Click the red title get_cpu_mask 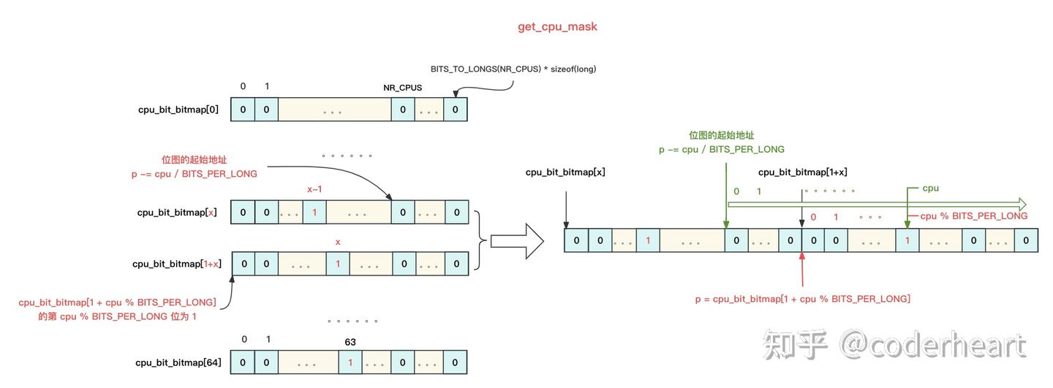coord(557,26)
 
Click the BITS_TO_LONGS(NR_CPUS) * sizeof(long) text coord(513,69)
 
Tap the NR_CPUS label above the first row coord(402,88)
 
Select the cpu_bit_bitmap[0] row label coord(178,110)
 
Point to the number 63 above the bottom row coord(350,341)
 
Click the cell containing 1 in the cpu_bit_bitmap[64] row coord(350,362)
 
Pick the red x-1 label coord(314,189)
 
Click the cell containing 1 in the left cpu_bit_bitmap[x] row coord(314,213)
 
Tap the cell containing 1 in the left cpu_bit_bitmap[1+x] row coord(337,264)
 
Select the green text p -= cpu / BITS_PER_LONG coord(721,149)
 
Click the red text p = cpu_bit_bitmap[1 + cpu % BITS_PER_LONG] coord(802,299)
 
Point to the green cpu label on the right coord(930,188)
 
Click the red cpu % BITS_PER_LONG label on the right coord(973,216)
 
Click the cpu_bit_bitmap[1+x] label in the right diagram coord(802,172)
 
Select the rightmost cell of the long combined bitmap coord(1026,240)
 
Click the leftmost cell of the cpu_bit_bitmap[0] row coord(243,110)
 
